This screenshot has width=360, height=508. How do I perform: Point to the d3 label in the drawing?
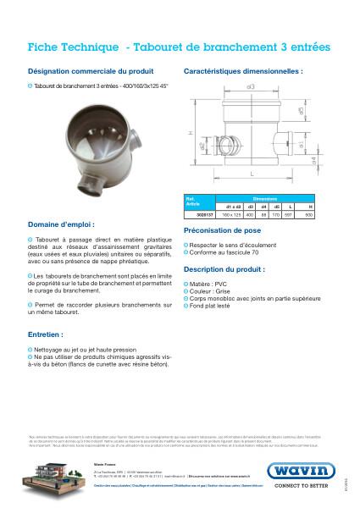point(251,87)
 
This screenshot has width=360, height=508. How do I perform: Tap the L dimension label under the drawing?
point(253,173)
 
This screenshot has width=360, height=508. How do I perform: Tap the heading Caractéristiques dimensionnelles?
point(243,72)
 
